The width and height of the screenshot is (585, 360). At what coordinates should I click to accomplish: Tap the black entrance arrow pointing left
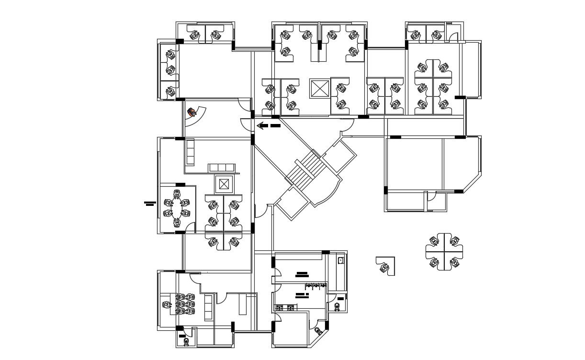[x=268, y=126]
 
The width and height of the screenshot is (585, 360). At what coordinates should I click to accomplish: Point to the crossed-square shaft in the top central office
[x=319, y=89]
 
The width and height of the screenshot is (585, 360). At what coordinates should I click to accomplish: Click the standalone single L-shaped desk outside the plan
[x=385, y=266]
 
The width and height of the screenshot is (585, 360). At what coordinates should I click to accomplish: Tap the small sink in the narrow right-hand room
[x=341, y=261]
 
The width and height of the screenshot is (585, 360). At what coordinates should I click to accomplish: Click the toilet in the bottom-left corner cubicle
[x=186, y=341]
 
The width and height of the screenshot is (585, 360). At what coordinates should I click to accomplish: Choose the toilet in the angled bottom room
[x=318, y=331]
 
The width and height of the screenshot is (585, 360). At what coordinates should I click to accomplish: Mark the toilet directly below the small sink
[x=338, y=306]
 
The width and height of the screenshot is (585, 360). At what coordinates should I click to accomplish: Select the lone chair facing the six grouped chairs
[x=167, y=304]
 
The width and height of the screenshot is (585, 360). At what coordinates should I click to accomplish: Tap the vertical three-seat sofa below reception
[x=190, y=152]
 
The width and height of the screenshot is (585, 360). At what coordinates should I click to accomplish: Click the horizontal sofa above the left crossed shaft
[x=223, y=167]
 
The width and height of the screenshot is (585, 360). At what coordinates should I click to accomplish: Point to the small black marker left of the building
[x=150, y=203]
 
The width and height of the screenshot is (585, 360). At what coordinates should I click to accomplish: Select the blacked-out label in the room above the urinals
[x=302, y=274]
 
